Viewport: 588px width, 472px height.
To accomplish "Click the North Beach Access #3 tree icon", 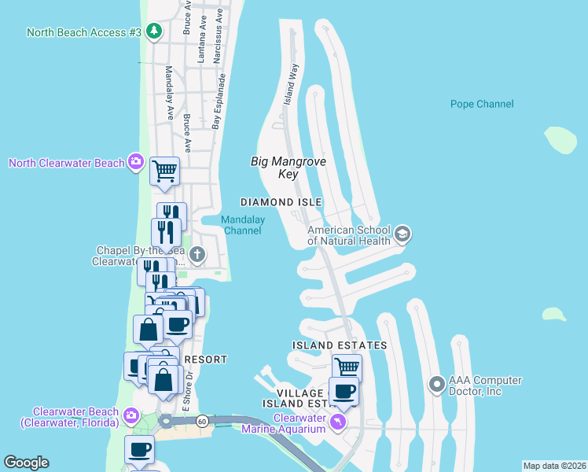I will click(x=156, y=31).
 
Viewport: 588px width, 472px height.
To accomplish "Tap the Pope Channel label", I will click(x=482, y=104).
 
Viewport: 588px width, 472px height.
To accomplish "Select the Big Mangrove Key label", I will click(x=288, y=167).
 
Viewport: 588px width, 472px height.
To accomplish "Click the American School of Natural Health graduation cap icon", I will click(x=402, y=234).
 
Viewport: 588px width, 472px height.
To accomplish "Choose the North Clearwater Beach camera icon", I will click(x=136, y=163).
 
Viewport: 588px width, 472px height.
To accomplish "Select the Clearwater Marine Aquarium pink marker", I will click(x=338, y=422).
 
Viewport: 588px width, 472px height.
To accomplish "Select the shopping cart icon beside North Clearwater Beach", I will click(x=164, y=170).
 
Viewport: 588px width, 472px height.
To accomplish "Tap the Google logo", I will click(x=26, y=463).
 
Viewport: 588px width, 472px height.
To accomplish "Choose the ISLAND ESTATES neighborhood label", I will click(x=339, y=345).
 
